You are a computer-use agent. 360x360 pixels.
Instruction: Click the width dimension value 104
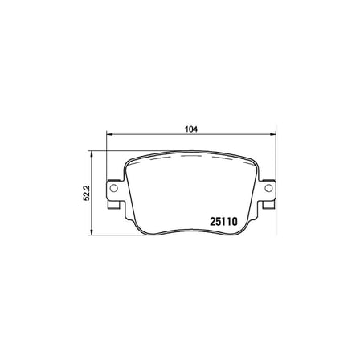[191, 129]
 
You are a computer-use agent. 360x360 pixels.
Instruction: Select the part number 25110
[223, 222]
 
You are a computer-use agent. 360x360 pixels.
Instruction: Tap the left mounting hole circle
[114, 188]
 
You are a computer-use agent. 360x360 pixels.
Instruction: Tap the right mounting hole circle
[268, 188]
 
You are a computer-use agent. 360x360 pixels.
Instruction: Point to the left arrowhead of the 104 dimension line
[109, 133]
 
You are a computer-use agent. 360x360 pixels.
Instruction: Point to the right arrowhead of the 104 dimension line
[272, 133]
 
